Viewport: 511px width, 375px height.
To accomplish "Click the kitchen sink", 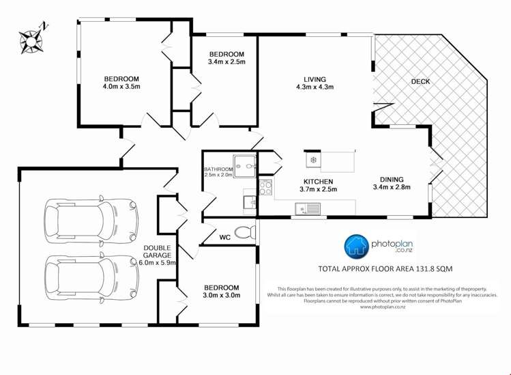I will [305, 208].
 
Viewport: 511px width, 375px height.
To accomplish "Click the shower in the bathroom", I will [245, 165].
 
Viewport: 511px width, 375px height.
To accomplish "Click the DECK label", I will [420, 82].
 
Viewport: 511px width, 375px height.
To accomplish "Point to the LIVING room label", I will [315, 78].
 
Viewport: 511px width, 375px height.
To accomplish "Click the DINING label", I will [391, 179].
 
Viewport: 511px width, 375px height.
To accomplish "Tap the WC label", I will [224, 238].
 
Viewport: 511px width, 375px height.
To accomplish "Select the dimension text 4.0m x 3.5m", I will [121, 87].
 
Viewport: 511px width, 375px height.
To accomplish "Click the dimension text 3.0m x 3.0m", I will [220, 296].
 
